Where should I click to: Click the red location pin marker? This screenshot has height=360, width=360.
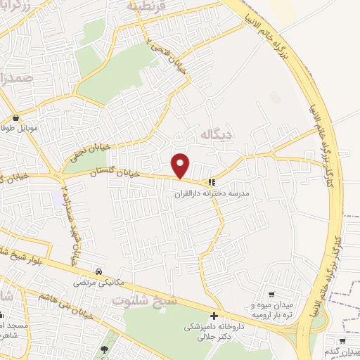click(x=181, y=165)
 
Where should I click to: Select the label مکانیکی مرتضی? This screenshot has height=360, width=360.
click(x=99, y=283)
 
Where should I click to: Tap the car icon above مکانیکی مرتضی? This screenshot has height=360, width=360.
click(x=99, y=272)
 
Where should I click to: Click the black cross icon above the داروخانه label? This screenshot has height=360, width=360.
click(x=214, y=316)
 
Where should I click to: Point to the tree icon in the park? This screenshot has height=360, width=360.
click(x=105, y=349)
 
